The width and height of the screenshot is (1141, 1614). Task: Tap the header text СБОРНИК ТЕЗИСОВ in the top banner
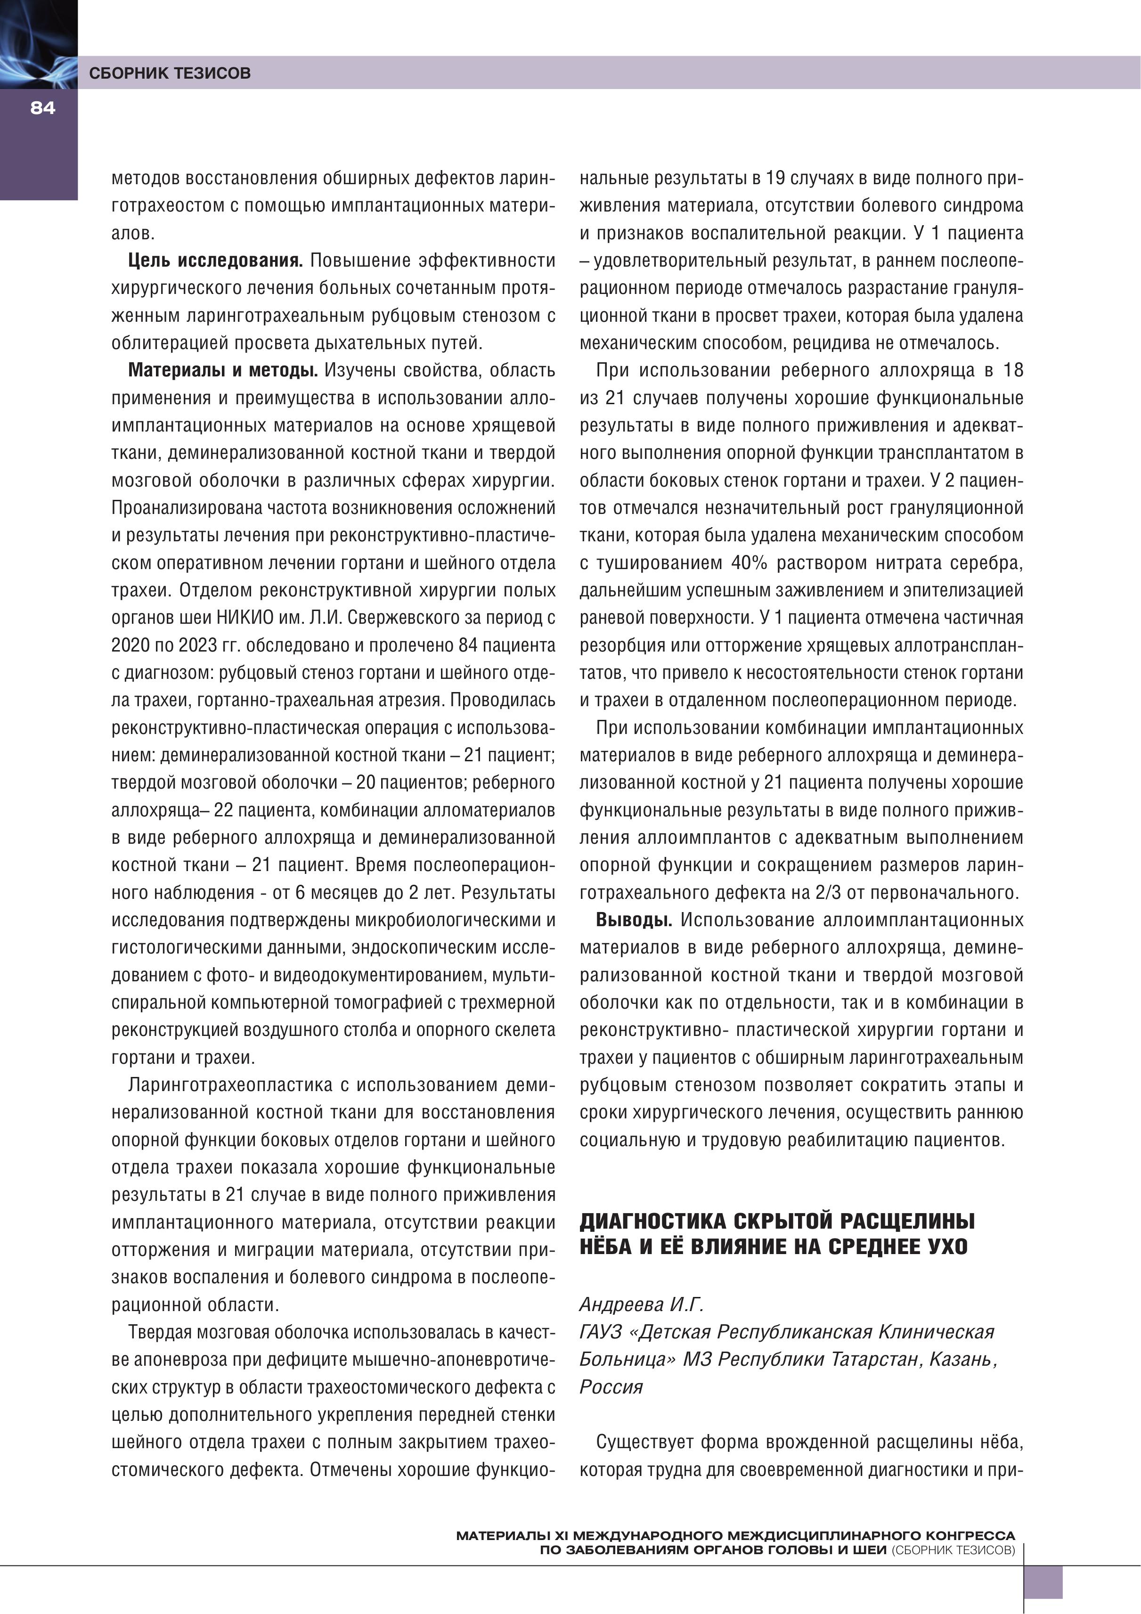pos(170,73)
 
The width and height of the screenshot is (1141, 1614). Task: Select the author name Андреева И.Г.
pos(641,1304)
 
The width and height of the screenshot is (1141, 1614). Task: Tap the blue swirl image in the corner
pos(38,44)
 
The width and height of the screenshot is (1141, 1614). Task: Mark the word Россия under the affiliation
pos(611,1387)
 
